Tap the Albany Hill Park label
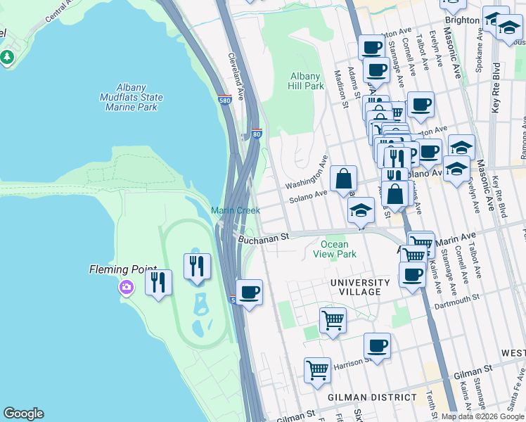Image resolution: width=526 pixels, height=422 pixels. pos(306,81)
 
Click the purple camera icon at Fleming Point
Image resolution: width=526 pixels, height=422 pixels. pos(127,286)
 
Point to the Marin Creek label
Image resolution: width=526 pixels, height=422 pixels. pos(236,210)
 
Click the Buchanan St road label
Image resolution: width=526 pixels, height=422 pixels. pos(264,238)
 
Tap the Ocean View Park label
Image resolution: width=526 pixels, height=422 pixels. pos(338,249)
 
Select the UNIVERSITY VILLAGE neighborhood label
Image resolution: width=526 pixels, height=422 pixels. pos(360,286)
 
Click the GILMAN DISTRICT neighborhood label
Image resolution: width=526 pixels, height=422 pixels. pos(373,397)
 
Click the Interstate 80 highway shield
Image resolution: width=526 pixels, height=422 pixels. pos(256,134)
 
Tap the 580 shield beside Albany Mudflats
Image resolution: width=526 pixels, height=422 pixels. pos(224,100)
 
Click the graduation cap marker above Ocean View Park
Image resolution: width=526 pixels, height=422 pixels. pos(361,210)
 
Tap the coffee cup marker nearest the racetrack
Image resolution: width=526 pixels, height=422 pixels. pos(249,292)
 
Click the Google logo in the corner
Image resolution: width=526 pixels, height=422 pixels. pos(23,414)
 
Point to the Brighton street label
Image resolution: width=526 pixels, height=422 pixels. pos(462,20)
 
